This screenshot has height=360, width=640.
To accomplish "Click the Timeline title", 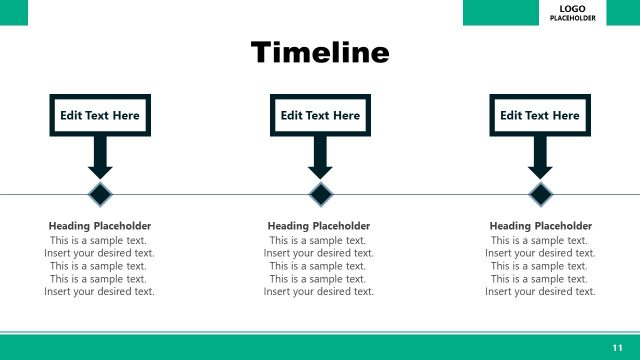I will click(319, 52).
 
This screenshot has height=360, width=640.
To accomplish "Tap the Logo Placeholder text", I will click(579, 13).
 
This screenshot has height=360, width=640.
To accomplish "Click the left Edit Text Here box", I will click(100, 115).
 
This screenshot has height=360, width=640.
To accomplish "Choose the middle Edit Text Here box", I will click(320, 115).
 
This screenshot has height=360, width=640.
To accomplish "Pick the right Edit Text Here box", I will click(540, 115).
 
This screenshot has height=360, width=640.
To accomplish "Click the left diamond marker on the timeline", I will click(100, 193).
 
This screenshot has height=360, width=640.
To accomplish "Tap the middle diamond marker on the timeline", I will click(320, 193).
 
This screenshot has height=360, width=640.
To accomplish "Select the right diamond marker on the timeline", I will click(540, 193).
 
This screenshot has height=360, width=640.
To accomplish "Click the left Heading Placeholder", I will click(100, 226).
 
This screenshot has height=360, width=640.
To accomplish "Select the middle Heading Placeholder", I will click(319, 226).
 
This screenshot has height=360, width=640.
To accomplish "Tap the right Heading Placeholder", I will click(540, 226).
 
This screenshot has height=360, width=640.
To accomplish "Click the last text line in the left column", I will click(100, 292).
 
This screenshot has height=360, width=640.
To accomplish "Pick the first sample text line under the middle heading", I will click(319, 240).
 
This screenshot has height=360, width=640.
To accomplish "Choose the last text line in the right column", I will click(540, 292).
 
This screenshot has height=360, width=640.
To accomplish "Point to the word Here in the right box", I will click(565, 115).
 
